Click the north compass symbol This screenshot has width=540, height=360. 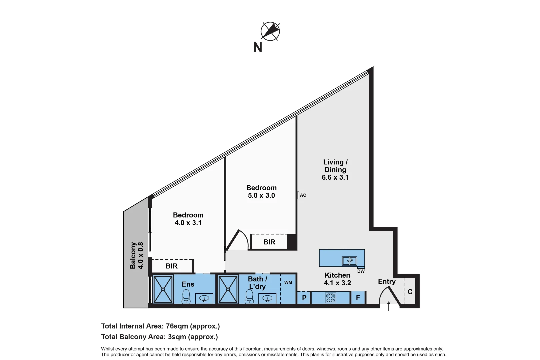coord(270,31)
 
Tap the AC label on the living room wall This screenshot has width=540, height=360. coord(303,195)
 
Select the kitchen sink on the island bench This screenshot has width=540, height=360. coord(349,261)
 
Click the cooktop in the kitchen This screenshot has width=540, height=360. coord(330,298)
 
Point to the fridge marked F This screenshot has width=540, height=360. coord(358,298)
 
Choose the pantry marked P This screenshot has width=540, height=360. coord(304,298)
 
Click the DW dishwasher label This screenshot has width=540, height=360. coord(361,271)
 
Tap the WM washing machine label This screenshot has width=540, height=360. coord(288,283)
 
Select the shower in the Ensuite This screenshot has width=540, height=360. coord(163,289)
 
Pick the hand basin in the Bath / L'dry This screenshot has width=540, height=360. coord(267,298)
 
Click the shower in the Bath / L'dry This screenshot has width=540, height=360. coord(228,289)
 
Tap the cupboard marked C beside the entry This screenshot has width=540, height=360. coord(410,292)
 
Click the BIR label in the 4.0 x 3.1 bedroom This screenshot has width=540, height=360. coord(172,266)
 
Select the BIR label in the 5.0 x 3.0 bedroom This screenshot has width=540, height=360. coord(269,242)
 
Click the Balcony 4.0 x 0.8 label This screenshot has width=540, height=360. coord(137,255)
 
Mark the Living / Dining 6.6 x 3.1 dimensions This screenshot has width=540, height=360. coord(335,177)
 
